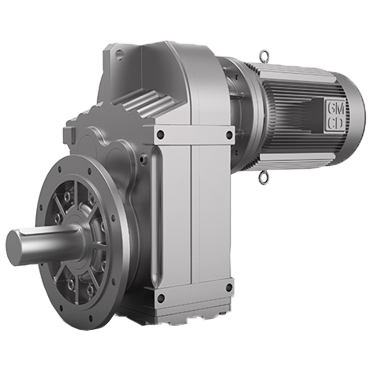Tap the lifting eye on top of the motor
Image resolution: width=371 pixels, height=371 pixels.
click(264, 56)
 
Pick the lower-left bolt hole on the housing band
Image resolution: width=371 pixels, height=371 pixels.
click(160, 296)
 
